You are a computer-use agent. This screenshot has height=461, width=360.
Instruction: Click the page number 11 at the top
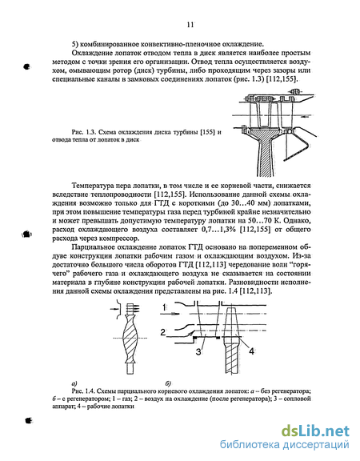[x=190, y=25]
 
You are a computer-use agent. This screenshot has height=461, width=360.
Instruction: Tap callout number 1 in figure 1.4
[x=165, y=307]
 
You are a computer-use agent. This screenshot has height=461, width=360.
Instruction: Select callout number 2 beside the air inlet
[x=163, y=332]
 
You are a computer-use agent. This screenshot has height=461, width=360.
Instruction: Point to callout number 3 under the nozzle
[x=198, y=351]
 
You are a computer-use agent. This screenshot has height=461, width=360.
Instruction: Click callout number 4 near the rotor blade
[x=251, y=351]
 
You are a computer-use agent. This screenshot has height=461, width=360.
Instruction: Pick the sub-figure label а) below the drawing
[x=74, y=383]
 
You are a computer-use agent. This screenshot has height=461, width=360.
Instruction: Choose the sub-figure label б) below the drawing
[x=168, y=383]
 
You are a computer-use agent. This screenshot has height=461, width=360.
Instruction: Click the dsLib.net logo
[x=316, y=431]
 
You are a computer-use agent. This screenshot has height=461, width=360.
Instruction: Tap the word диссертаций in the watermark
[x=316, y=445]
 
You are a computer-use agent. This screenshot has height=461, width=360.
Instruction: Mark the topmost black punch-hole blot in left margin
[x=26, y=66]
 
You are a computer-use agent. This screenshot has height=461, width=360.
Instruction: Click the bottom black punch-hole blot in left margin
[x=29, y=420]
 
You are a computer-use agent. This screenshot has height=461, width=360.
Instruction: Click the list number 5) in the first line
[x=75, y=44]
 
